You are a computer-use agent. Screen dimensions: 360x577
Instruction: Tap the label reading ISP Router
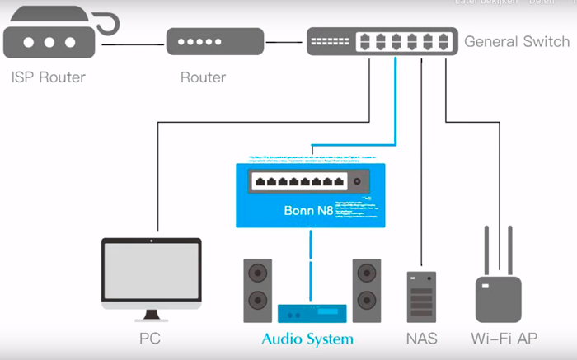(x=49, y=78)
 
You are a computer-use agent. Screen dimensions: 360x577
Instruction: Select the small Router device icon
(x=214, y=41)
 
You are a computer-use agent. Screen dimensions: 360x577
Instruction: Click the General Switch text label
(x=517, y=41)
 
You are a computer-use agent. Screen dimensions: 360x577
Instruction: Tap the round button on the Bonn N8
(x=357, y=181)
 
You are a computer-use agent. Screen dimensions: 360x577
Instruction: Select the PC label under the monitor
(x=150, y=339)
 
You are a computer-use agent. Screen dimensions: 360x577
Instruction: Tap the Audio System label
(x=307, y=339)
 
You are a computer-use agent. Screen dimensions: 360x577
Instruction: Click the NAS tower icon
(x=420, y=297)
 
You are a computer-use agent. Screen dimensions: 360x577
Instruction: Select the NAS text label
(x=421, y=339)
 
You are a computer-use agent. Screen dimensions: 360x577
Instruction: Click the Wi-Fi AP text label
(x=503, y=339)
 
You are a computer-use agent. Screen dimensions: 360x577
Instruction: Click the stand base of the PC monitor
(x=151, y=318)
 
